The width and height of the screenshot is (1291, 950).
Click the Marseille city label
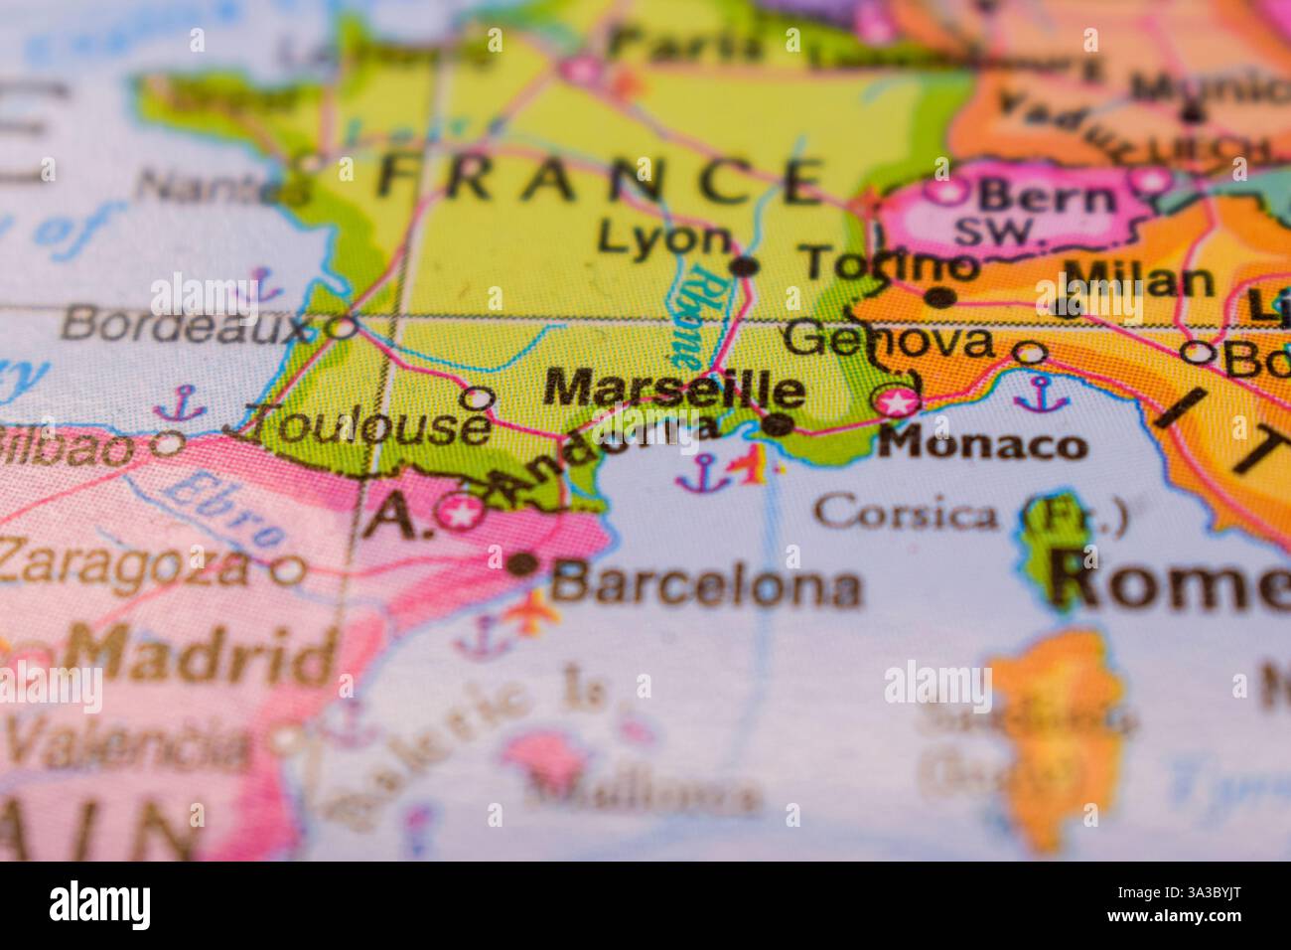(x=674, y=390)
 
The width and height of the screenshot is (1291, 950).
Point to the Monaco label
(x=982, y=443)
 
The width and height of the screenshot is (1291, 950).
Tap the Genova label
(x=888, y=341)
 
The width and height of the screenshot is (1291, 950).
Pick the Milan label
(x=1138, y=281)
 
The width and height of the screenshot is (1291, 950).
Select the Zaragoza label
(x=124, y=564)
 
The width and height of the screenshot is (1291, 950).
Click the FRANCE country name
(x=599, y=180)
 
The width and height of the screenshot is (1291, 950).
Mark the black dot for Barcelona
(x=522, y=564)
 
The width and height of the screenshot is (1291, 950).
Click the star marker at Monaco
(x=898, y=401)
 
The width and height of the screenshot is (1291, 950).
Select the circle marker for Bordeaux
(x=343, y=325)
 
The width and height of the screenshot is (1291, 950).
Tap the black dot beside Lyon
(x=745, y=265)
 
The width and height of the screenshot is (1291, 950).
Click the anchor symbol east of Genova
(x=1040, y=394)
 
